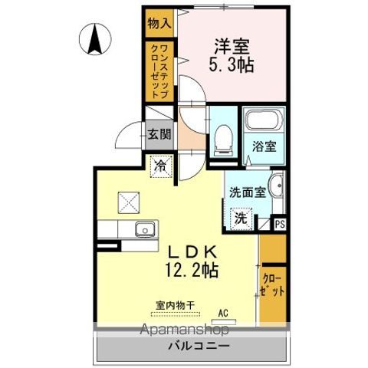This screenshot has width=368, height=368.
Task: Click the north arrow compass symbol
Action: (x=95, y=39)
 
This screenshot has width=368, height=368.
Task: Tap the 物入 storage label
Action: (x=159, y=24)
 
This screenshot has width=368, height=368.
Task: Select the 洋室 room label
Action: (x=232, y=46)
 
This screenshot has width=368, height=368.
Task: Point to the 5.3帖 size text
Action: (x=232, y=65)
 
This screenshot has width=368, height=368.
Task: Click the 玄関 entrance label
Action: (x=159, y=134)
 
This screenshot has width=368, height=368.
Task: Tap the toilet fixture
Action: (x=224, y=140)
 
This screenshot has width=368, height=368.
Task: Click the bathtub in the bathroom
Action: (x=264, y=120)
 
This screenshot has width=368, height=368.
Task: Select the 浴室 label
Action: (x=264, y=146)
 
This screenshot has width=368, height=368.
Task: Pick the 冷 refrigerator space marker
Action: (x=161, y=166)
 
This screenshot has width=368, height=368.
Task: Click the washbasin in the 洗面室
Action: (x=276, y=186)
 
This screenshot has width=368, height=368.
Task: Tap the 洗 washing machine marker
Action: (x=242, y=219)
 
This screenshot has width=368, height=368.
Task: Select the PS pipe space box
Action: (x=280, y=225)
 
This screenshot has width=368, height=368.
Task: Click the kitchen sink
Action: (x=145, y=229)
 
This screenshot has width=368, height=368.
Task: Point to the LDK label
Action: (x=192, y=252)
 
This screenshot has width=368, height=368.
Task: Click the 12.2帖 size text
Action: (x=192, y=271)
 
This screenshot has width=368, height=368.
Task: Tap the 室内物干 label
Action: (x=176, y=305)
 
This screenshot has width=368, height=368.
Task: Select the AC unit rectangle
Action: (x=224, y=321)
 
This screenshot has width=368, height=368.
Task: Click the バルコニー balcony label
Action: (x=199, y=347)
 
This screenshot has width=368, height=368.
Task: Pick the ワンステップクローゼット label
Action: (x=159, y=71)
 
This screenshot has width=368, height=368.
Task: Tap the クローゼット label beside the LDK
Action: (x=273, y=285)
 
